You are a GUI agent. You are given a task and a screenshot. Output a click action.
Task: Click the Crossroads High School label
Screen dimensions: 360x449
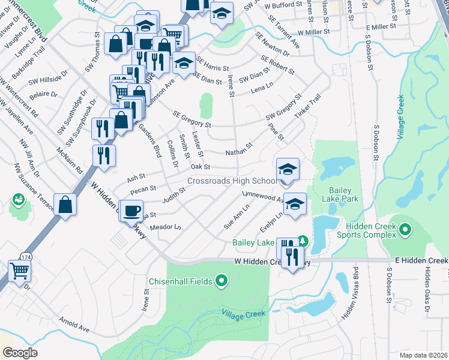232,181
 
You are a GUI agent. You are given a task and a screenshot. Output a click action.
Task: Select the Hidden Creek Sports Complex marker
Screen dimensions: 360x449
405,230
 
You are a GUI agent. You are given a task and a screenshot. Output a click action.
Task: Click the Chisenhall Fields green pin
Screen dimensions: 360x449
221,280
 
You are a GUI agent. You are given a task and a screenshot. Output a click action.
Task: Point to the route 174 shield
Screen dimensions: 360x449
25,256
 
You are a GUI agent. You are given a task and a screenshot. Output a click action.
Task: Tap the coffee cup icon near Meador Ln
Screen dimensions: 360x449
132,211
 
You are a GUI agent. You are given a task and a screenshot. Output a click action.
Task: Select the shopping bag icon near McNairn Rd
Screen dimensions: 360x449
65,204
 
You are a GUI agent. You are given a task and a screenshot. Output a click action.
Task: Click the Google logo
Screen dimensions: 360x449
20,352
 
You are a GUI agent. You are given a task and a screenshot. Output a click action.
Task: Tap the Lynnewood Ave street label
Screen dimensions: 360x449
264,197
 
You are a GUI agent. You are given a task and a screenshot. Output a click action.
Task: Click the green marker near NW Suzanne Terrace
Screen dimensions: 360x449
18,199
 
